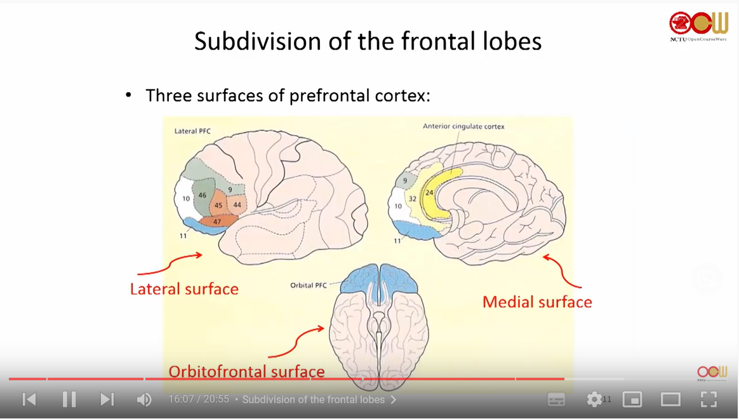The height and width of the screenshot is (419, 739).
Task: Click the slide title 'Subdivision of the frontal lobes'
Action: (x=368, y=41)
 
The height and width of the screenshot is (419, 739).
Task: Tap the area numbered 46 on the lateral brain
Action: (x=203, y=195)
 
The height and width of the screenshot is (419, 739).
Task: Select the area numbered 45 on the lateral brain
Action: (x=218, y=205)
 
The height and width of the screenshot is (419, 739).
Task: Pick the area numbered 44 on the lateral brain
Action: (x=237, y=204)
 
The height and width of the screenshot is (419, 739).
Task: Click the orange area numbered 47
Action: (x=218, y=222)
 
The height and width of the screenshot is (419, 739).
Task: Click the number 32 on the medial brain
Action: (x=412, y=199)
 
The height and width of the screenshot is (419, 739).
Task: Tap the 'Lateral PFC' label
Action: (x=192, y=131)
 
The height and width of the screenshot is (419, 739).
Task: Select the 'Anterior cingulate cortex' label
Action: (x=463, y=126)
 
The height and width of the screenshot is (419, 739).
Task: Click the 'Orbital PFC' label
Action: (x=309, y=285)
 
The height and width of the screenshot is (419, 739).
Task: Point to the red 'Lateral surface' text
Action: (x=184, y=289)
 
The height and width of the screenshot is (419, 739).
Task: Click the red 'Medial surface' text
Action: (x=537, y=302)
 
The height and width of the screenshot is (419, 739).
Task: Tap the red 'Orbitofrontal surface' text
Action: (x=246, y=372)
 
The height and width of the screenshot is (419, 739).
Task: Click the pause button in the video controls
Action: (x=69, y=399)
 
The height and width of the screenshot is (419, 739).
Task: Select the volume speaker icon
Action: (x=144, y=399)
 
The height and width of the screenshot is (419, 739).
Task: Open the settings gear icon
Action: (x=594, y=399)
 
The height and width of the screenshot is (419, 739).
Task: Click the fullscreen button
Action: (x=709, y=399)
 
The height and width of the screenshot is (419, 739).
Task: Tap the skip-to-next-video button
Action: (x=107, y=399)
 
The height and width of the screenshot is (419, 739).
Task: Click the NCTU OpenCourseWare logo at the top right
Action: (x=698, y=26)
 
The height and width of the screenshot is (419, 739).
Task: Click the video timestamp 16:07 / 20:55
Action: (x=198, y=399)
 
